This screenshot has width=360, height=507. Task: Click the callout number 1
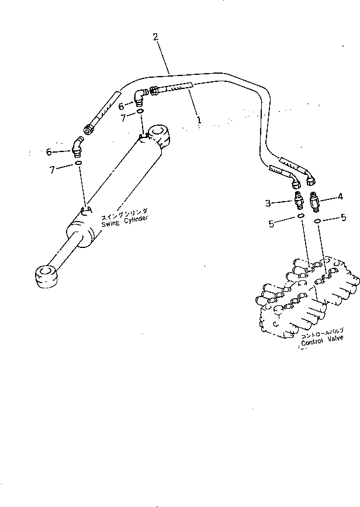coord(199,120)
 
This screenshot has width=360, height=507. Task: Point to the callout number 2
coord(155,37)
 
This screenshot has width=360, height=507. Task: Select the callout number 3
coord(268,203)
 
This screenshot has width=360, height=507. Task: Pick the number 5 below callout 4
coord(343,219)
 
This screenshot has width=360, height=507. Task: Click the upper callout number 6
coord(122,106)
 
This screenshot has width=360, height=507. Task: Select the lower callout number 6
coord(49,151)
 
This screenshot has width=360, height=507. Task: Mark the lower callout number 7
coord(53,170)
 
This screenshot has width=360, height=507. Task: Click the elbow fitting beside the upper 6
coord(140,97)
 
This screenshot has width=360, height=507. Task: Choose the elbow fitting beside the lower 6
coord(75,147)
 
